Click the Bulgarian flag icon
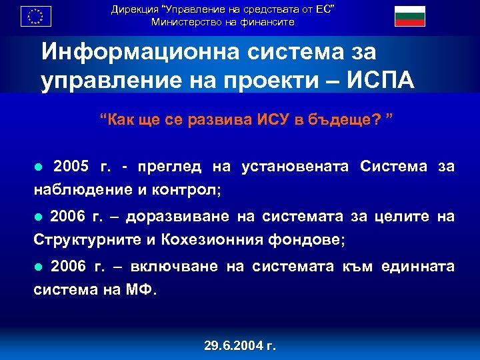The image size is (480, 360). [x=409, y=15]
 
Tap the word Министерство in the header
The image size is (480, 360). [x=183, y=22]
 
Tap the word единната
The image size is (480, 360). [x=417, y=267]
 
